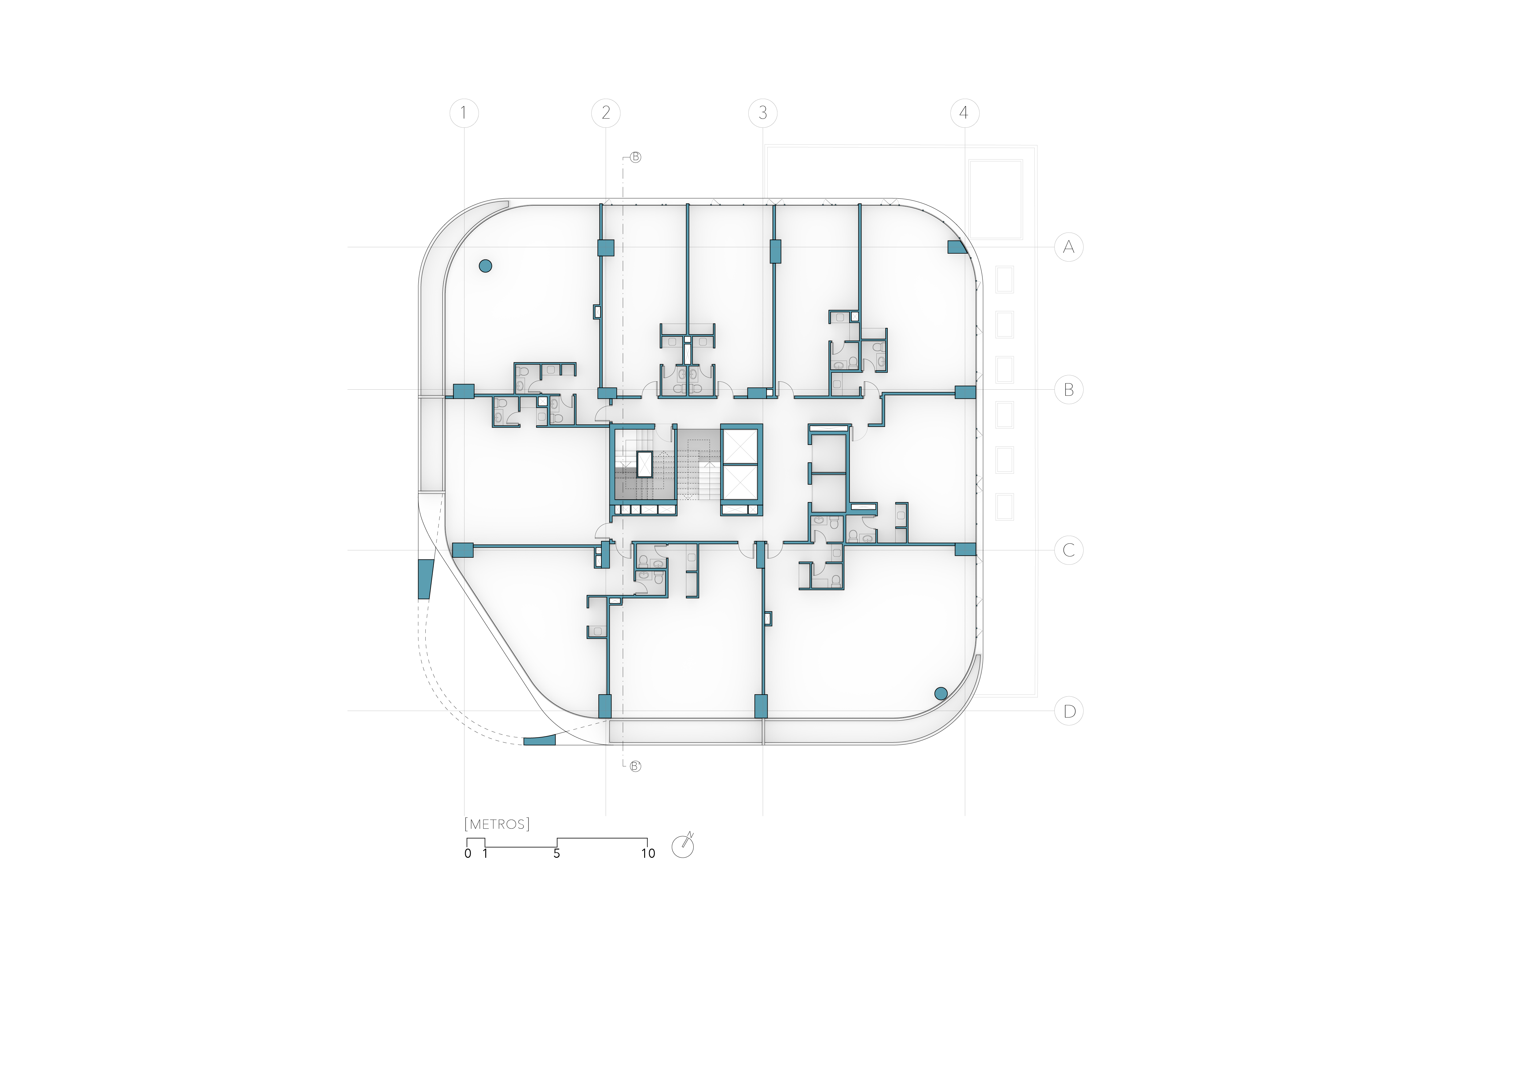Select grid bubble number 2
[x=606, y=113]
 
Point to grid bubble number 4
[x=965, y=113]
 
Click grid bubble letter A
[x=1068, y=248]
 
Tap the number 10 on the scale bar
[x=648, y=854]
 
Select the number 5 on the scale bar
[x=556, y=854]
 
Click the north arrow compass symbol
[x=683, y=846]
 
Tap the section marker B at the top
[x=635, y=157]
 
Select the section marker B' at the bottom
[x=635, y=766]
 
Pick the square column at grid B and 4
[x=965, y=392]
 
